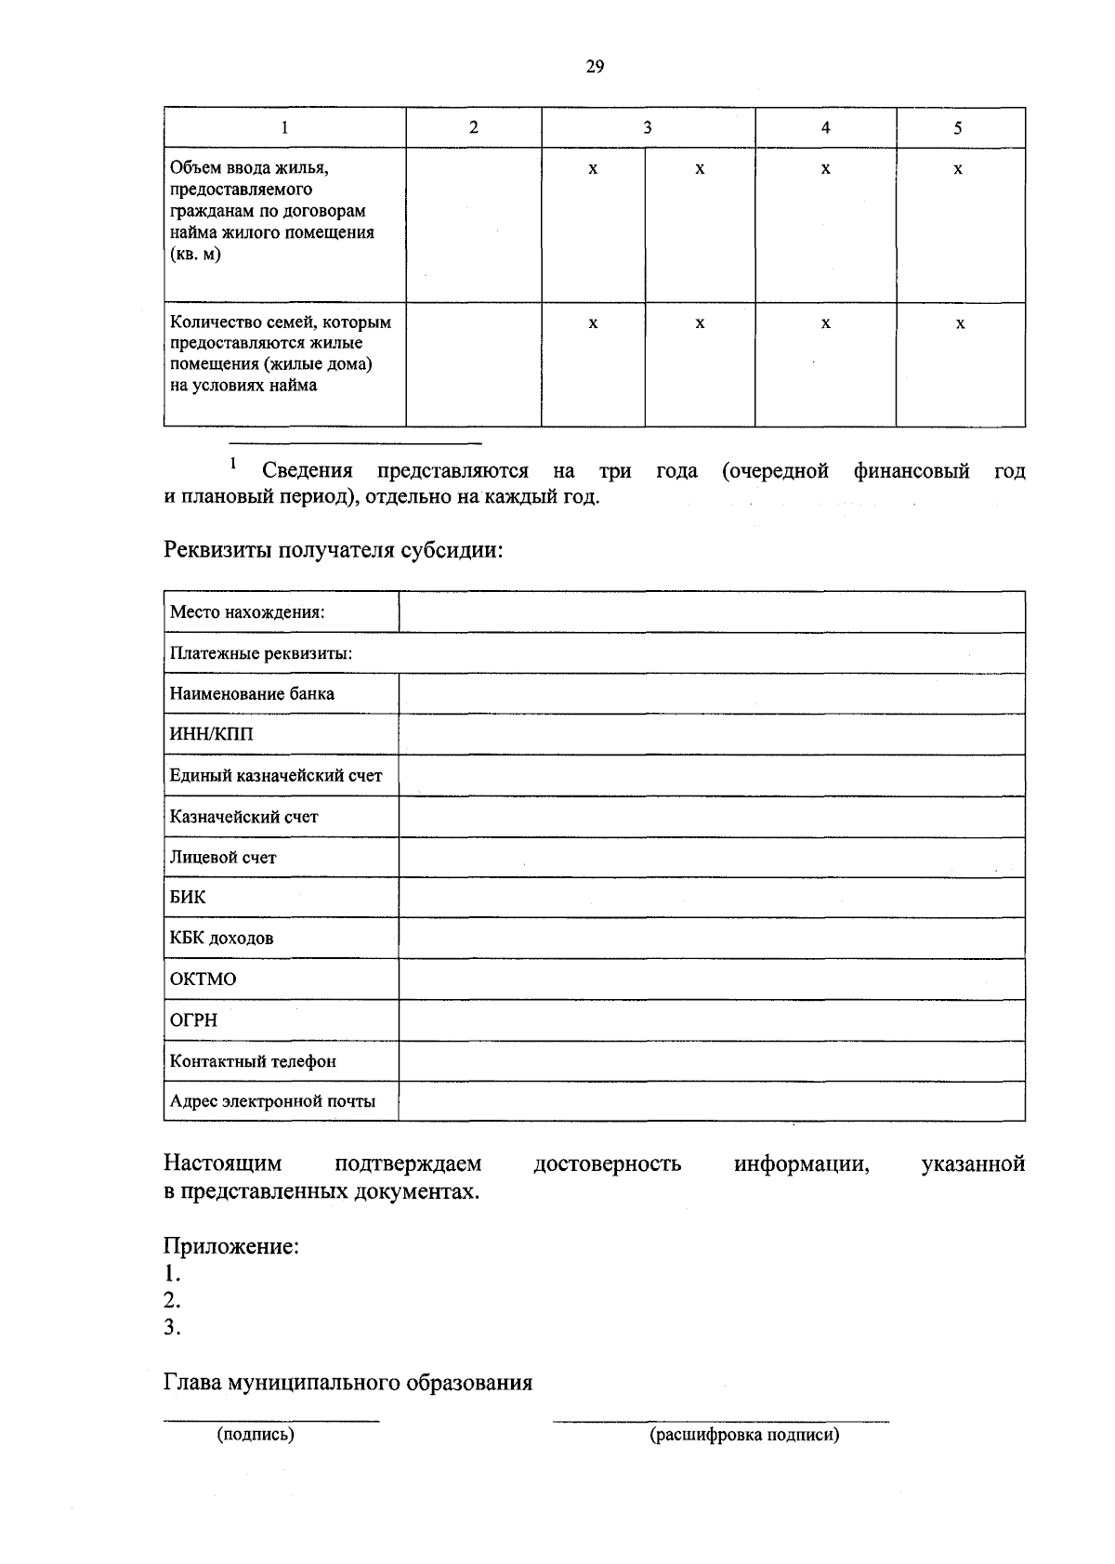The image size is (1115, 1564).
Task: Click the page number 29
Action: pyautogui.click(x=595, y=66)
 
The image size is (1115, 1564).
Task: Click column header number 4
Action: pyautogui.click(x=825, y=128)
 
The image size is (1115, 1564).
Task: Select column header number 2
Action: pyautogui.click(x=474, y=128)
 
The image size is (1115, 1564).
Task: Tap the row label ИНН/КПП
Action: pyautogui.click(x=211, y=735)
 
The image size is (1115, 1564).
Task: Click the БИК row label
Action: pyautogui.click(x=188, y=898)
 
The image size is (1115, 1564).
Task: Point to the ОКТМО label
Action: pyautogui.click(x=203, y=979)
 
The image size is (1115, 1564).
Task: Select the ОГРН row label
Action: pyautogui.click(x=193, y=1020)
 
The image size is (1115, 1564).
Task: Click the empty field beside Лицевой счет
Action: pyautogui.click(x=711, y=857)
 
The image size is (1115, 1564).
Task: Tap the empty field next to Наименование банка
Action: pyautogui.click(x=711, y=694)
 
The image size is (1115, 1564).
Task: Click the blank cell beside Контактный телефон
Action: pyautogui.click(x=711, y=1061)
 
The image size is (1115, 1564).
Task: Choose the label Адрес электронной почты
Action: pyautogui.click(x=272, y=1102)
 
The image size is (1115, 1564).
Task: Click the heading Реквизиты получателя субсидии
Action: pyautogui.click(x=334, y=550)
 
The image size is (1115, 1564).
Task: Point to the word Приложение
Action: pyautogui.click(x=231, y=1246)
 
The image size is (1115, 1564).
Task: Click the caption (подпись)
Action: pyautogui.click(x=256, y=1435)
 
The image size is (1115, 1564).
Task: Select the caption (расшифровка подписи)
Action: pyautogui.click(x=744, y=1435)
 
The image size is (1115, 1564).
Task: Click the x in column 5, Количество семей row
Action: pyautogui.click(x=960, y=323)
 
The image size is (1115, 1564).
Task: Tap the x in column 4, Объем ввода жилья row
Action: pyautogui.click(x=825, y=169)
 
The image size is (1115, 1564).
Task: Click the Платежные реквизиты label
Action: pyautogui.click(x=260, y=654)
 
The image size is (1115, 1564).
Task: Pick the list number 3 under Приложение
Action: pyautogui.click(x=171, y=1328)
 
